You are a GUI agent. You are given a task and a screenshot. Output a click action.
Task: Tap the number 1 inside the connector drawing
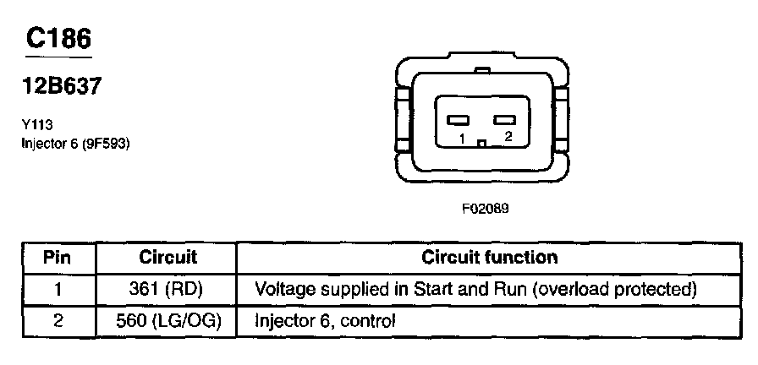[x=462, y=137]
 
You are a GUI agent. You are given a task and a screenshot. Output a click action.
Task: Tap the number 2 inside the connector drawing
[x=507, y=136]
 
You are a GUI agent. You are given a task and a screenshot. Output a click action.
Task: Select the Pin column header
[x=57, y=257]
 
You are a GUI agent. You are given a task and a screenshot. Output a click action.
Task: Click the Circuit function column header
[x=489, y=257]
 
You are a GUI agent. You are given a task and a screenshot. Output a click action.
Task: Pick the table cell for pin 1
[x=57, y=289]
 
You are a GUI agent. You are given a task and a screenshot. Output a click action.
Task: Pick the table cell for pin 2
[x=57, y=320]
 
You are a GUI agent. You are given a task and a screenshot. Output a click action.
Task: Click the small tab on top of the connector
[x=482, y=71]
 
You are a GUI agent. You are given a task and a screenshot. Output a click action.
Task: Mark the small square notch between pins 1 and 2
[x=481, y=143]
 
